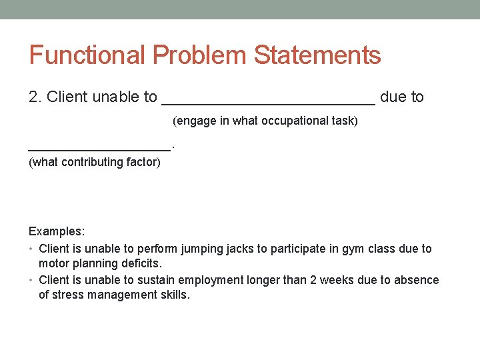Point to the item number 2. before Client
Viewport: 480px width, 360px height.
(x=36, y=97)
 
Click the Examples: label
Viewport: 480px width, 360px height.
(x=57, y=232)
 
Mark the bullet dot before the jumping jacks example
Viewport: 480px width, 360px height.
(x=31, y=249)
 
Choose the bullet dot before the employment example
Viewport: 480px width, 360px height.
(x=31, y=281)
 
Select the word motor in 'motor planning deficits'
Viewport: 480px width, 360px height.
(x=53, y=263)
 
